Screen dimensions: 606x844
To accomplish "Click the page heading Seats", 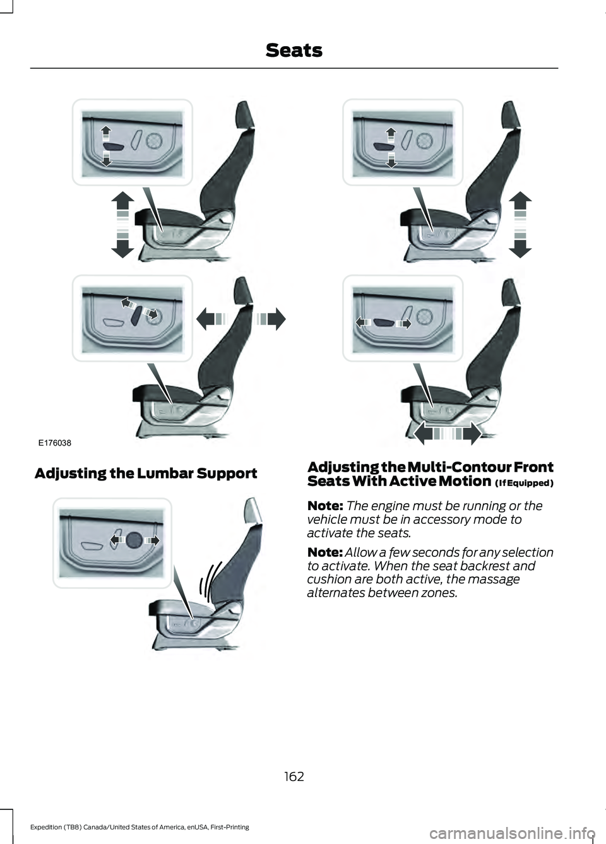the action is point(294,50).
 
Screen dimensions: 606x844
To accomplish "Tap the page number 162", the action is point(294,776).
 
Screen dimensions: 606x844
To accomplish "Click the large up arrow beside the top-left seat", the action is point(123,203).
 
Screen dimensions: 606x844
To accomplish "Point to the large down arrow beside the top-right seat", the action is point(520,246).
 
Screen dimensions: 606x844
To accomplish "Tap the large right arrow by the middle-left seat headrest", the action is point(270,319).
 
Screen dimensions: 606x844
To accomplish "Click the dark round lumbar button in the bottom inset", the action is point(134,540).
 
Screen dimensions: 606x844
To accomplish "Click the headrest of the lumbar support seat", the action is point(252,510).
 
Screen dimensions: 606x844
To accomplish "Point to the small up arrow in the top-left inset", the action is point(106,133).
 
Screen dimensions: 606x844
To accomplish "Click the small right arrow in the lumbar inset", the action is point(152,540).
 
